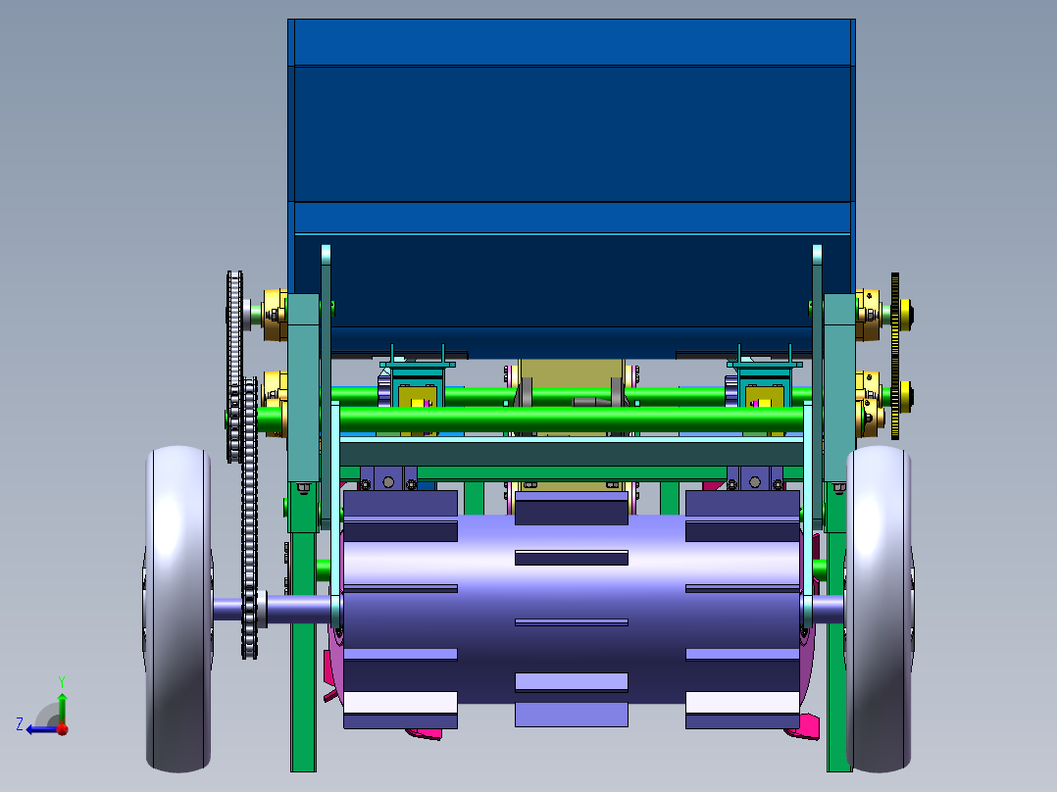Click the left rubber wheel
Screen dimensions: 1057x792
[x=178, y=609]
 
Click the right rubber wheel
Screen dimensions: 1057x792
[x=879, y=609]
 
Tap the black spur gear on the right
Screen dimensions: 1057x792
[x=895, y=356]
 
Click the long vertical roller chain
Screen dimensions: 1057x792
[x=250, y=518]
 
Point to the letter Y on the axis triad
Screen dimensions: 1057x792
[x=62, y=681]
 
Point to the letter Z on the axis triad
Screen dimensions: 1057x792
[x=20, y=724]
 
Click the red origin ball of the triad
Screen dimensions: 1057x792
[x=63, y=728]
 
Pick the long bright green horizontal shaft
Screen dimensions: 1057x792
[x=532, y=419]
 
